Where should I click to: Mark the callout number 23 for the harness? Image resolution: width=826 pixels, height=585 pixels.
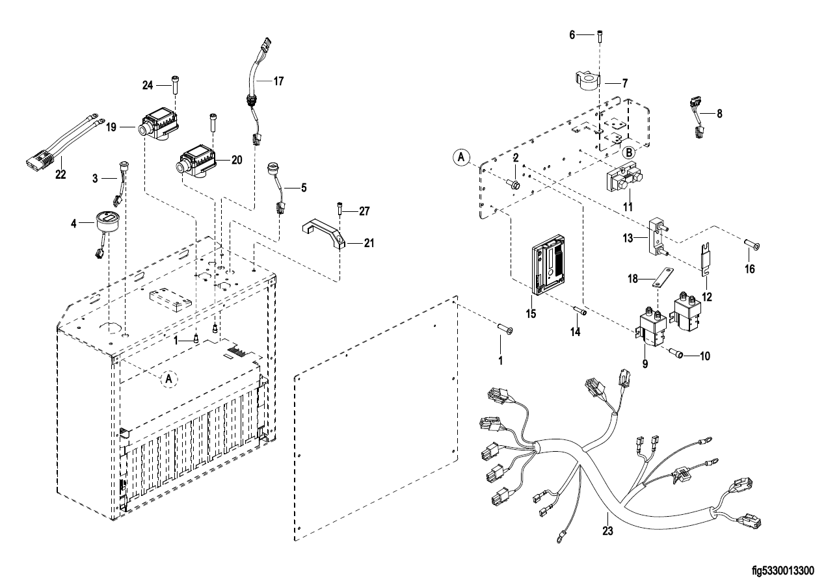608,531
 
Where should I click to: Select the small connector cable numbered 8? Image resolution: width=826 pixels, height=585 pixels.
697,117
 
